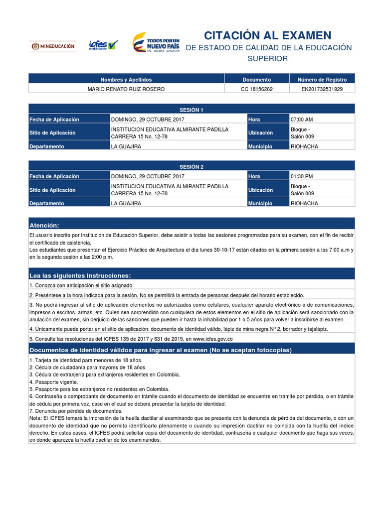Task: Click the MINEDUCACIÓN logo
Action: click(x=52, y=46)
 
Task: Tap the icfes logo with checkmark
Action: click(x=103, y=45)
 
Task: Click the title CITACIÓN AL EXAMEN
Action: click(x=268, y=35)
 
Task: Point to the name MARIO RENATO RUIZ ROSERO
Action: click(x=126, y=89)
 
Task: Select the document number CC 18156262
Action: click(x=256, y=89)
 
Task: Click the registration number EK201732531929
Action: click(x=322, y=89)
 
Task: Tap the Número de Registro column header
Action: click(x=322, y=80)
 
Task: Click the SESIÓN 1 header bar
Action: click(x=191, y=110)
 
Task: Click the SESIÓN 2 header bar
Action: click(x=191, y=166)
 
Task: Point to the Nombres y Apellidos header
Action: click(x=126, y=80)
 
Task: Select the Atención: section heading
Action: click(x=44, y=225)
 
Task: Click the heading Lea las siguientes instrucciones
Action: click(x=80, y=275)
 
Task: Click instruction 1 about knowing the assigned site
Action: click(x=81, y=285)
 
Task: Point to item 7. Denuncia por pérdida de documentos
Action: click(x=75, y=411)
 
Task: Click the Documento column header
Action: click(x=256, y=80)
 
